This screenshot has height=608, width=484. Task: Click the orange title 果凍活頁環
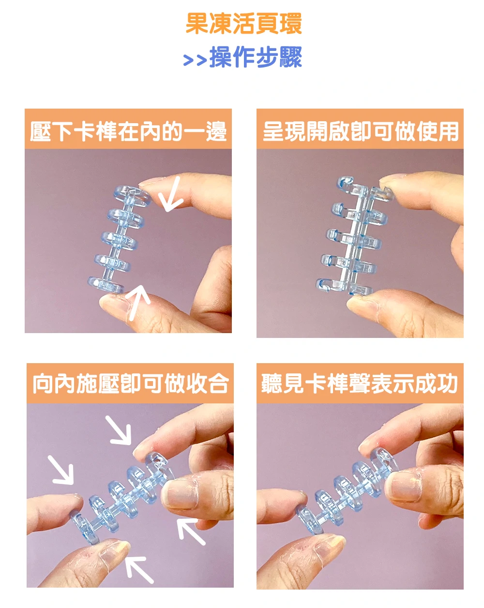pos(244,24)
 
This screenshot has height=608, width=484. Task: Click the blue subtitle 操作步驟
pos(256,57)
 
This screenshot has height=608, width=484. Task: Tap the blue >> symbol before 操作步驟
pos(195,60)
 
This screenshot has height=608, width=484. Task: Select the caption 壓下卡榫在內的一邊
pos(128,131)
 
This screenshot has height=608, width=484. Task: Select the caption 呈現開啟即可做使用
pos(360,131)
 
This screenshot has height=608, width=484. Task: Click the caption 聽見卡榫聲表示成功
pos(359,384)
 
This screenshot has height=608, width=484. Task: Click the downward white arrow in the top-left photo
pos(171,194)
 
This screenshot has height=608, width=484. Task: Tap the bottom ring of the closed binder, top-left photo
pos(106,285)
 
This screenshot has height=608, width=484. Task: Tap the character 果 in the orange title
pos(197,24)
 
